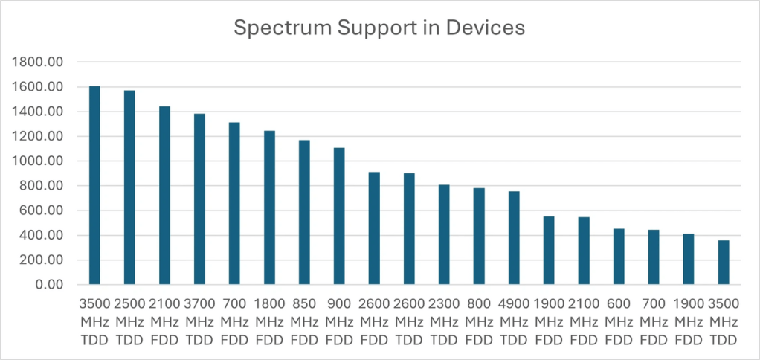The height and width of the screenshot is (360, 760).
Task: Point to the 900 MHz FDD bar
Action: tap(339, 216)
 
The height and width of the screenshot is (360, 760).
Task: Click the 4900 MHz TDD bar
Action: tap(514, 238)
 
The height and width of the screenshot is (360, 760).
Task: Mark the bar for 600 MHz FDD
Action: tap(619, 257)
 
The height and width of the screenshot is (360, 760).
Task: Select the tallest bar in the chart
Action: tap(94, 185)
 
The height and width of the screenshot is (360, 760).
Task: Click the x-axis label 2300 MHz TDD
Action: tap(444, 322)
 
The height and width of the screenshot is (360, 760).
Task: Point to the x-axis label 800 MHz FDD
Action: tap(479, 322)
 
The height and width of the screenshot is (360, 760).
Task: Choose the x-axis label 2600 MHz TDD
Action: tap(409, 322)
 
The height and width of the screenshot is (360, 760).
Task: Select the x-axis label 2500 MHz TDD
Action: tap(129, 322)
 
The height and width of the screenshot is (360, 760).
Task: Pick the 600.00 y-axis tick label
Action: tap(43, 210)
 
